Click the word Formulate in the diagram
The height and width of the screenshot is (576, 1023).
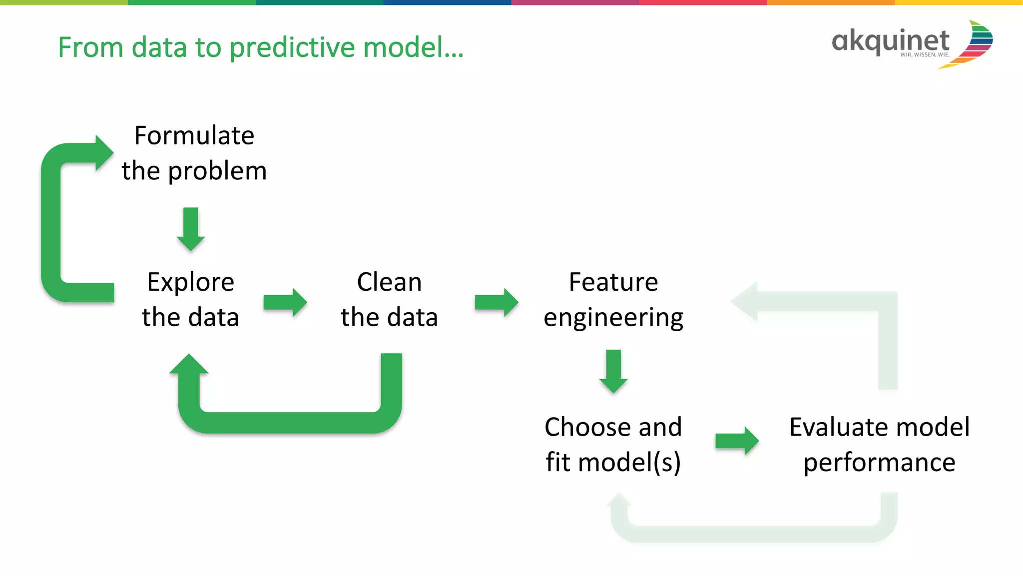point(194,136)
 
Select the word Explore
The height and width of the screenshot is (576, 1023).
point(190,283)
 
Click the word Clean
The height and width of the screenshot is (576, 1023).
point(389,282)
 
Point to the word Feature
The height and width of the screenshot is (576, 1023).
point(613,282)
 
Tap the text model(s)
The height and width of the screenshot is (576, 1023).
point(630,463)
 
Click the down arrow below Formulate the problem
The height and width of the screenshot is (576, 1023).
point(191,229)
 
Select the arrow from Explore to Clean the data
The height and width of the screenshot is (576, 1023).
point(285,302)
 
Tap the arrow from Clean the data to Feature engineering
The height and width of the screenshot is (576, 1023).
point(496,302)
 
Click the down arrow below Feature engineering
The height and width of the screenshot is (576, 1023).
point(613,372)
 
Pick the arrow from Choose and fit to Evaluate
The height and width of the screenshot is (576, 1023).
point(737,441)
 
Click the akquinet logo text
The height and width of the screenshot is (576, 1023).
point(890,41)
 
